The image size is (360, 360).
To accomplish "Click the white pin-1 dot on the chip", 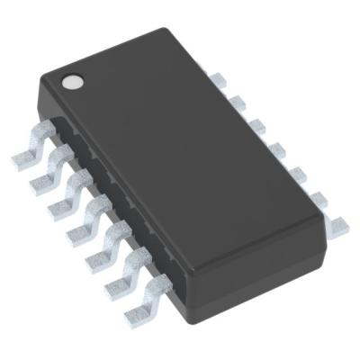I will coord(71,83).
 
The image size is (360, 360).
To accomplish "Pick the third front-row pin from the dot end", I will coord(60,200).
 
